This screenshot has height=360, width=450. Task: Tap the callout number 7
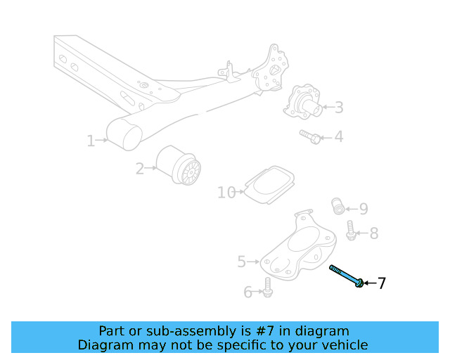coord(382,283)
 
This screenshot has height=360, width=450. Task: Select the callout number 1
coord(91,141)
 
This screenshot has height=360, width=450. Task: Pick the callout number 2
coord(140,168)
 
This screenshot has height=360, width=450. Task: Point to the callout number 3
coord(339,108)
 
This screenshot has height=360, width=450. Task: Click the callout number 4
coord(339,136)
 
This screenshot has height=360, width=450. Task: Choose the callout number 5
coord(242,262)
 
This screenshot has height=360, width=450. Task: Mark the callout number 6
coord(247,292)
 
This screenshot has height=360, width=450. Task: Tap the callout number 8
coord(374,233)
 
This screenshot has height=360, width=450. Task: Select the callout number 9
coord(364,209)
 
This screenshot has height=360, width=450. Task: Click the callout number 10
coord(226,192)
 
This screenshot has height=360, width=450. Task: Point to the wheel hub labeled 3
coord(303,103)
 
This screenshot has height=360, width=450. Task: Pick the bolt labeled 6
coord(267,285)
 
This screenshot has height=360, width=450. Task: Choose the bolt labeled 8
coord(351,230)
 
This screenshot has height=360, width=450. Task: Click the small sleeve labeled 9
coord(338,206)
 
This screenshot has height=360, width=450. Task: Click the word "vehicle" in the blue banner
coord(343,345)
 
